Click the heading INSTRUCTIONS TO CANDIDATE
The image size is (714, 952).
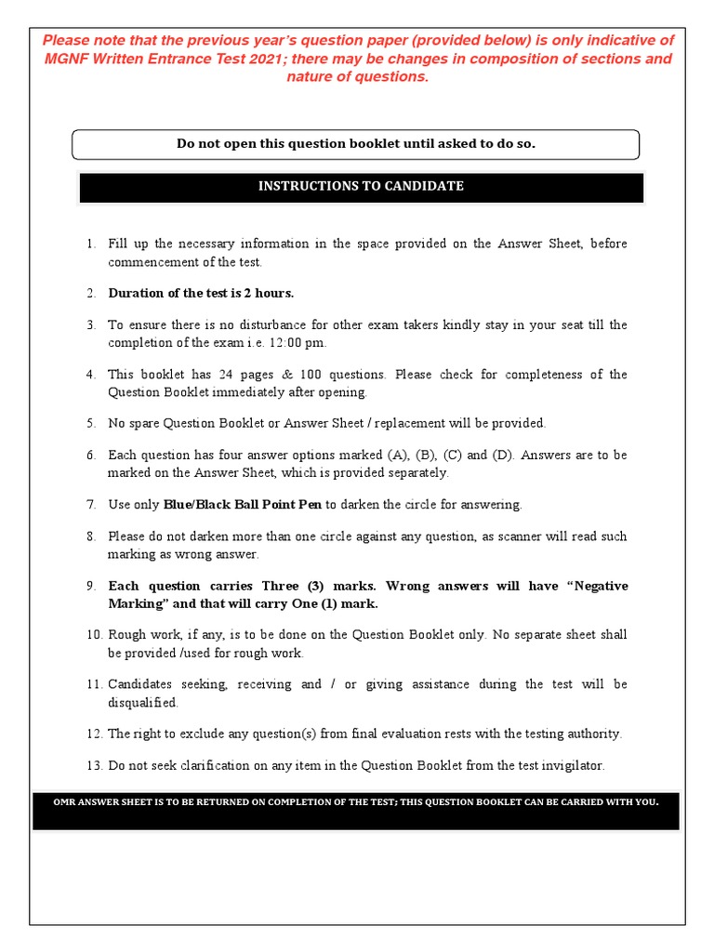click(x=361, y=186)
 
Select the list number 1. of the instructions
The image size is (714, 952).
click(x=91, y=244)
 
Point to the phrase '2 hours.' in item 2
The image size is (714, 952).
click(x=269, y=293)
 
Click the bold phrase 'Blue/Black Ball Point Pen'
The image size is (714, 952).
click(x=243, y=505)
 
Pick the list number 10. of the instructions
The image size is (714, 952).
click(x=93, y=635)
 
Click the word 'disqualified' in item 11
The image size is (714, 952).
click(x=142, y=703)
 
